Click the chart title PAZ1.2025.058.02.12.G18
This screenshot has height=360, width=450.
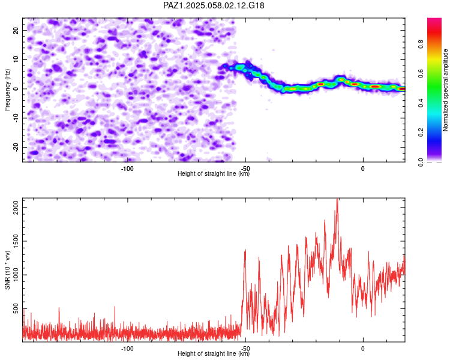pyautogui.click(x=214, y=5)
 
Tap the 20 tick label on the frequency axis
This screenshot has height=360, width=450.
pyautogui.click(x=16, y=30)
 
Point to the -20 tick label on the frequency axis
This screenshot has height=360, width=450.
pyautogui.click(x=16, y=148)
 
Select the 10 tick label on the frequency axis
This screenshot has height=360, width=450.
pyautogui.click(x=16, y=59)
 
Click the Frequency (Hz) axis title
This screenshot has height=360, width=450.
pyautogui.click(x=7, y=90)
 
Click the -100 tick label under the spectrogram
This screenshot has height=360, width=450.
pyautogui.click(x=127, y=169)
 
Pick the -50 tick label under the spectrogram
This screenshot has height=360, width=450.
pyautogui.click(x=245, y=169)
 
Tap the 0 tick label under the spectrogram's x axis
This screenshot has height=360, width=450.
pyautogui.click(x=363, y=169)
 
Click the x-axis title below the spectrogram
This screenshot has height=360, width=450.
pyautogui.click(x=214, y=173)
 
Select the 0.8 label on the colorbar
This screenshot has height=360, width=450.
pyautogui.click(x=421, y=44)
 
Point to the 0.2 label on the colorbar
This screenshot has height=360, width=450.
pyautogui.click(x=421, y=133)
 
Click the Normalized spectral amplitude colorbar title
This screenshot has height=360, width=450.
pyautogui.click(x=445, y=90)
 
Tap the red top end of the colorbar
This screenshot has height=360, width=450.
pyautogui.click(x=434, y=19)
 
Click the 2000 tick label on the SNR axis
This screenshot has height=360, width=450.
pyautogui.click(x=16, y=207)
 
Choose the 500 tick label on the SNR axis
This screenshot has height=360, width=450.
pyautogui.click(x=16, y=308)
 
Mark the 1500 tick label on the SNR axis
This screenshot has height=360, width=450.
pyautogui.click(x=16, y=241)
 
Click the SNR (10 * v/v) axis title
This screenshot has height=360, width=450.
pyautogui.click(x=7, y=270)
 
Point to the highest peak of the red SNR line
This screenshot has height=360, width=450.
pyautogui.click(x=337, y=199)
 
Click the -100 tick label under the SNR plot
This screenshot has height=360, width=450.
pyautogui.click(x=127, y=349)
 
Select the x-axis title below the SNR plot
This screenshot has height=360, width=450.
pyautogui.click(x=214, y=353)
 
